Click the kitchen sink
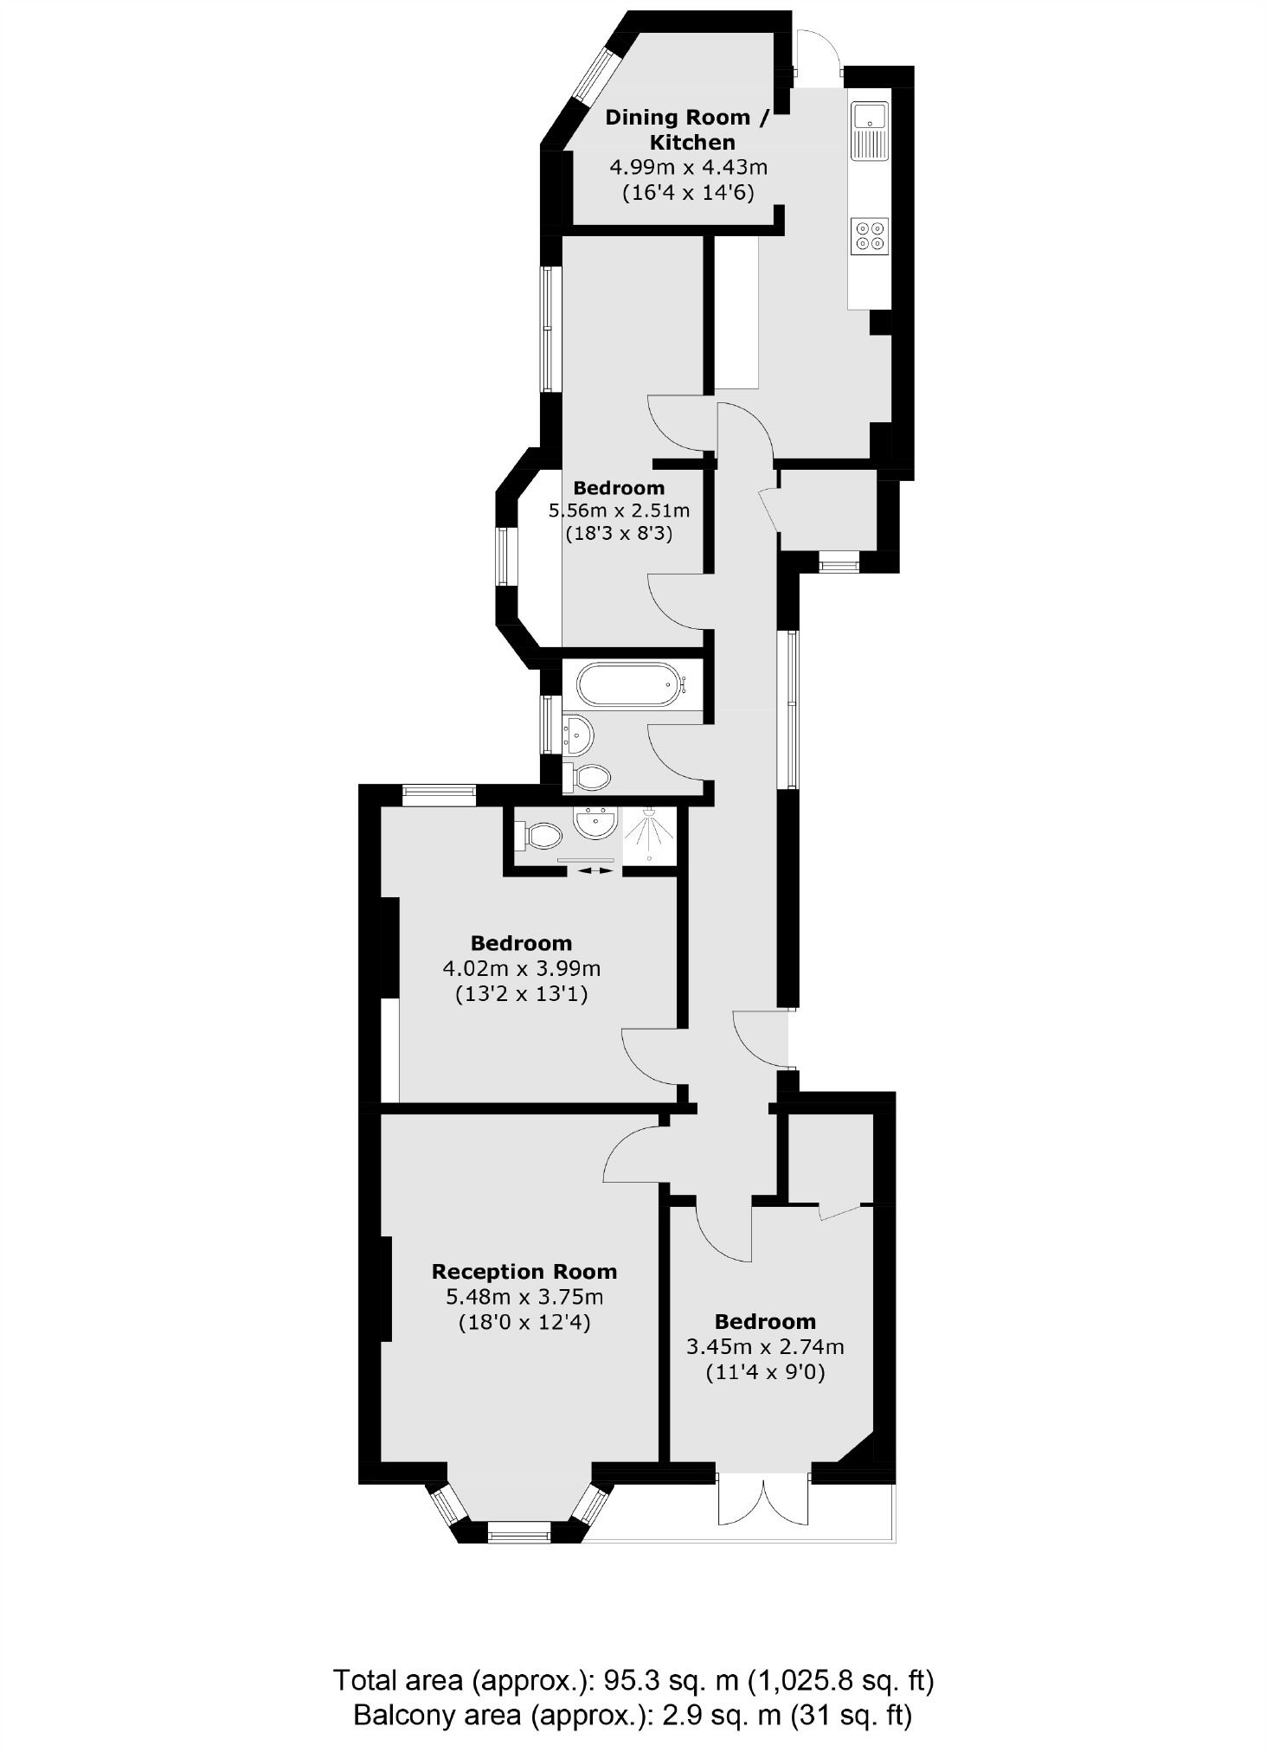coord(869,130)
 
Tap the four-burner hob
coord(870,235)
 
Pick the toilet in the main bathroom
coord(589,776)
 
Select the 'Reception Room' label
coord(524,1271)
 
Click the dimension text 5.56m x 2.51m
coord(619,510)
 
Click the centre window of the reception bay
coord(518,1537)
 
